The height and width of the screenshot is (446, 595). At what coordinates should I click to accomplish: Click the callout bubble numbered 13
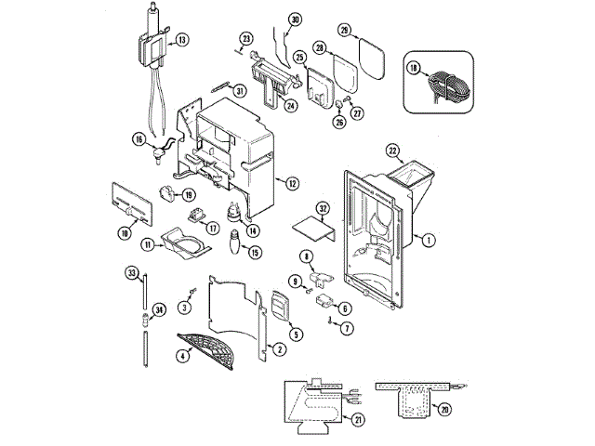point(182,40)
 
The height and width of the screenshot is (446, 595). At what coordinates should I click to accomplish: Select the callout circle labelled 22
point(392,151)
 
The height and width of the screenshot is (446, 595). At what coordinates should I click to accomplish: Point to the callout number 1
point(428,241)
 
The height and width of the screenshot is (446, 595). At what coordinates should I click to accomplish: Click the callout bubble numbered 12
point(292,184)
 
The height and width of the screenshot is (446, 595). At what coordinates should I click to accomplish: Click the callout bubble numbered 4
point(182,354)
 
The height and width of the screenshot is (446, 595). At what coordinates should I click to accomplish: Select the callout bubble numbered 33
point(131,272)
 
